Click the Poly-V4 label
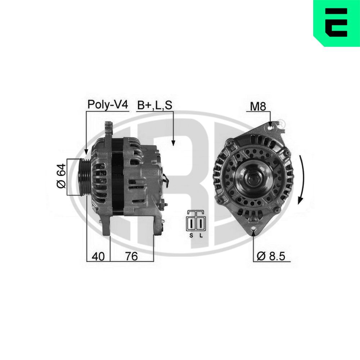click(x=108, y=104)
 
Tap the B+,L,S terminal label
click(x=154, y=105)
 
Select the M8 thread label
click(x=258, y=106)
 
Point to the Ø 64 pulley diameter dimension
click(x=61, y=176)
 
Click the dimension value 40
click(x=98, y=256)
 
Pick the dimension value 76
click(x=131, y=256)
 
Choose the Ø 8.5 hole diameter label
click(x=271, y=256)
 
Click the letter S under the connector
click(x=191, y=235)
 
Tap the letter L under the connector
click(x=201, y=235)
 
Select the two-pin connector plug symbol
click(x=196, y=220)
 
